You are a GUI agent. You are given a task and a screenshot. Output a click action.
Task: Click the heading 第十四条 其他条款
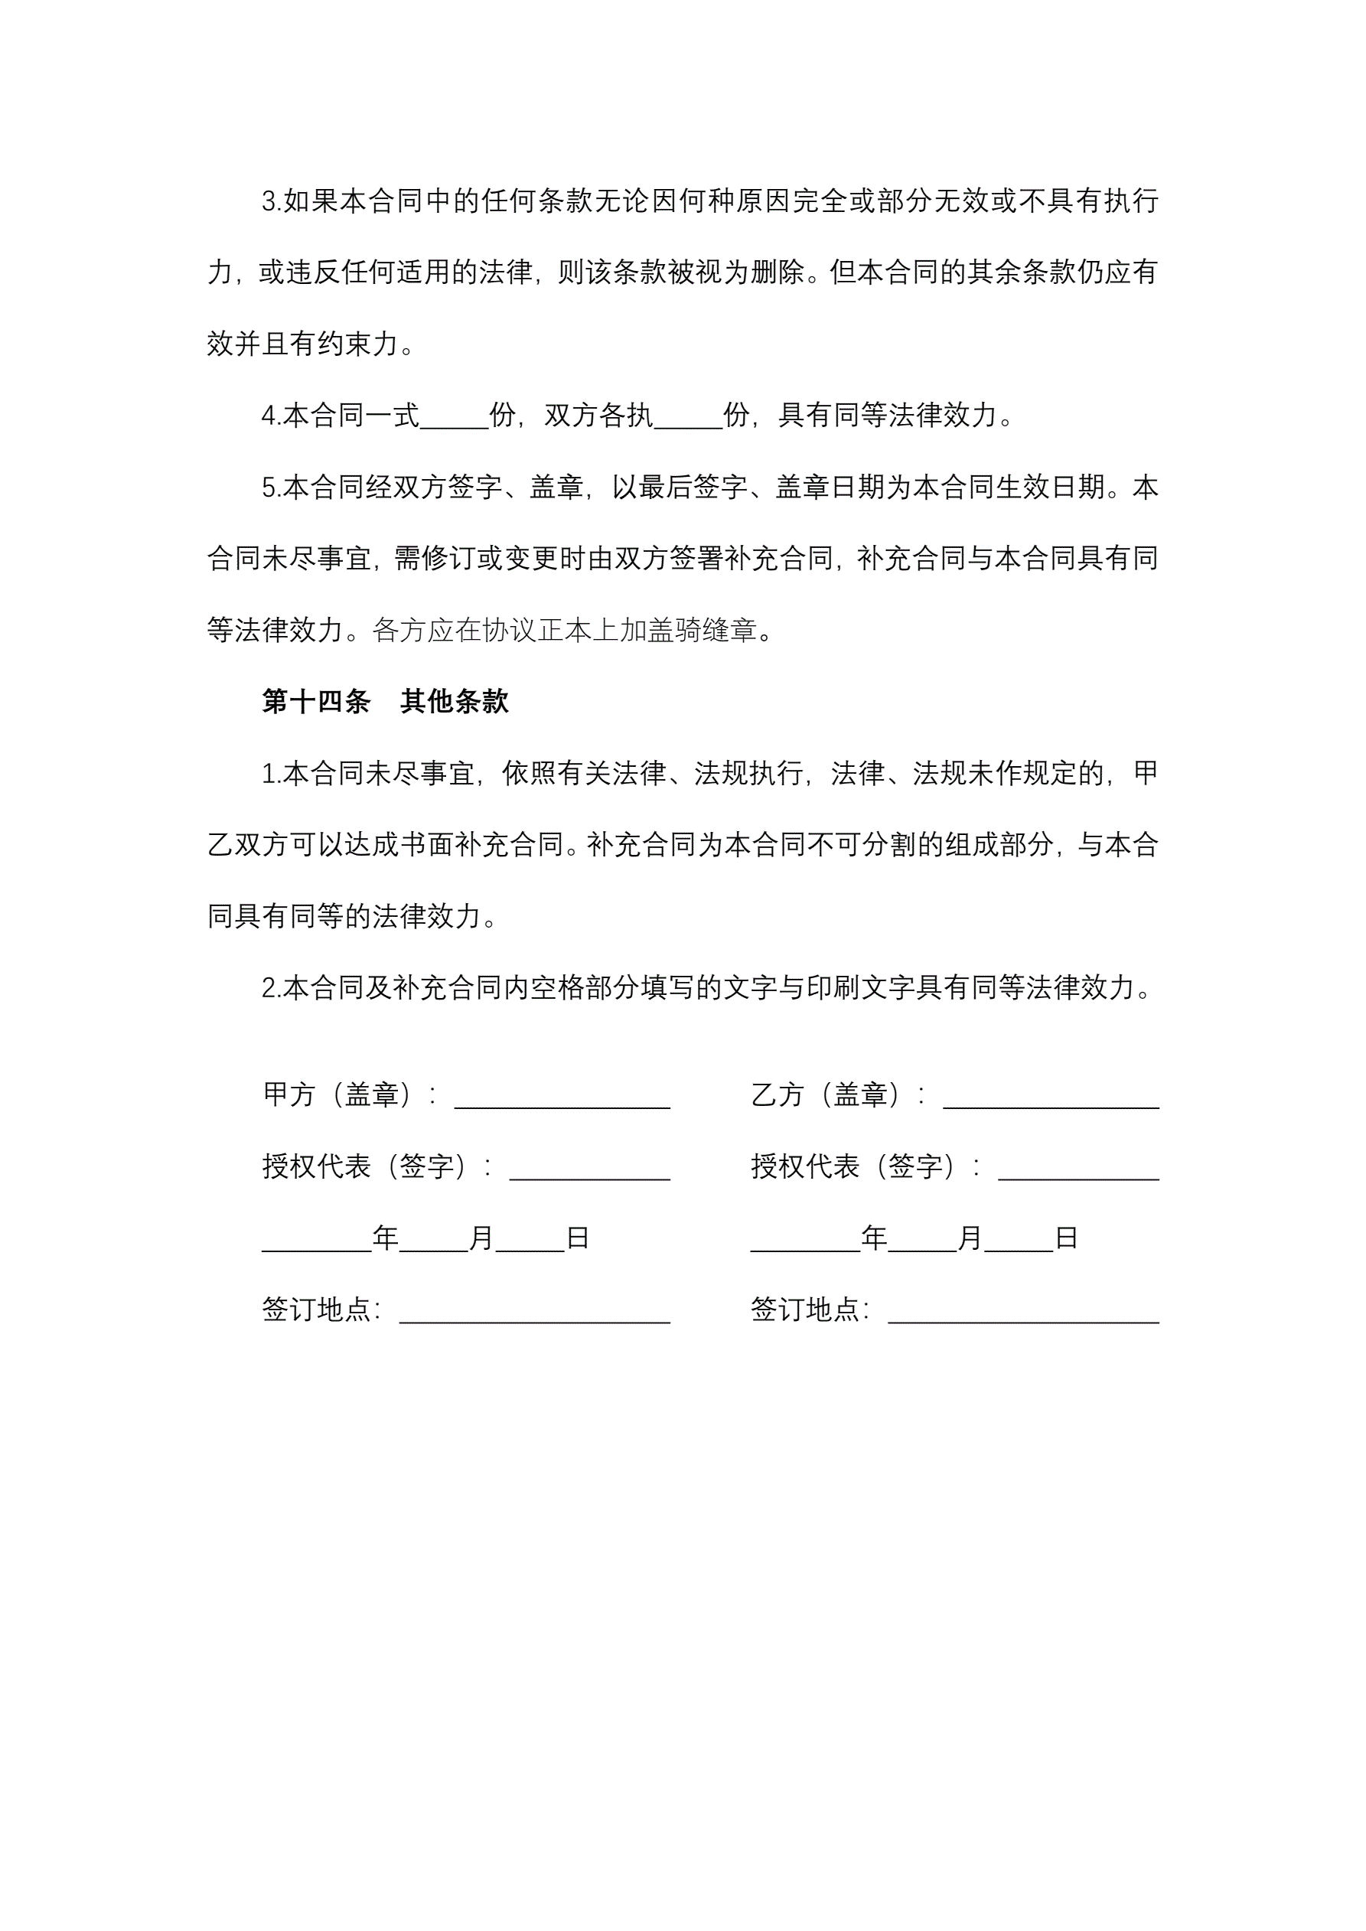(x=385, y=701)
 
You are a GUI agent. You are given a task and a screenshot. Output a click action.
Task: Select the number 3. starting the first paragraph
(x=271, y=202)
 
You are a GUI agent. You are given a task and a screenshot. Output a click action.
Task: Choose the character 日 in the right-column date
(x=1066, y=1237)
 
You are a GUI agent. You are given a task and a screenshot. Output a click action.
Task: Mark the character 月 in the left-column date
(x=481, y=1237)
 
